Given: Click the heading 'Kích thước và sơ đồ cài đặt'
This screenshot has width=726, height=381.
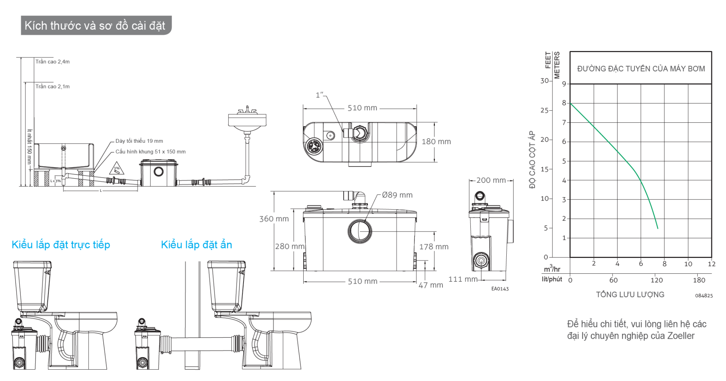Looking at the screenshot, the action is click(95, 26).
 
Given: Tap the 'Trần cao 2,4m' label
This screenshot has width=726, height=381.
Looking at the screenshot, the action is click(53, 62).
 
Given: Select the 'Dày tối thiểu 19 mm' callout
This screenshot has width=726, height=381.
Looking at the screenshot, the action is click(139, 141).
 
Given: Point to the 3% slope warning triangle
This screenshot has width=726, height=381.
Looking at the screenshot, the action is click(116, 168).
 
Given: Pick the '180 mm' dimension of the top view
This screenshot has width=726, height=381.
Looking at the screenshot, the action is click(436, 142).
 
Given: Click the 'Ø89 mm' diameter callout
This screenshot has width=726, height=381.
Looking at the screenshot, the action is click(397, 195).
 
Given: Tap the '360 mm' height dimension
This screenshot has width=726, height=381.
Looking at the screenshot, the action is click(274, 219).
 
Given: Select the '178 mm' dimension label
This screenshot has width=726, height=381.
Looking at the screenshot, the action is click(434, 247).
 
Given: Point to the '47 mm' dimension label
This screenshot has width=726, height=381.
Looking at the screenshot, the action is click(431, 285).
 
